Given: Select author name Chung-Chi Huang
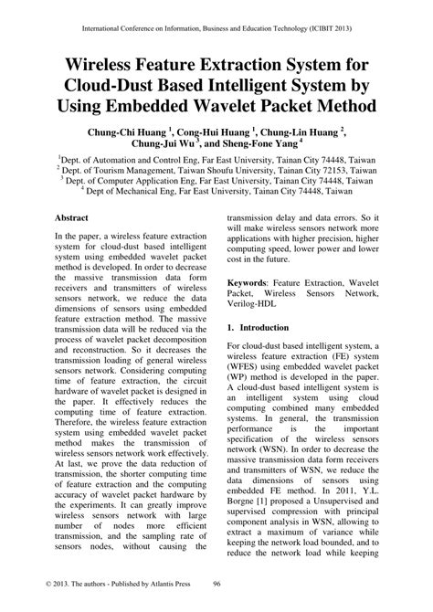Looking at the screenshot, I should coord(127,132).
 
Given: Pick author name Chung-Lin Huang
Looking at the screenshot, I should coord(304,132).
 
